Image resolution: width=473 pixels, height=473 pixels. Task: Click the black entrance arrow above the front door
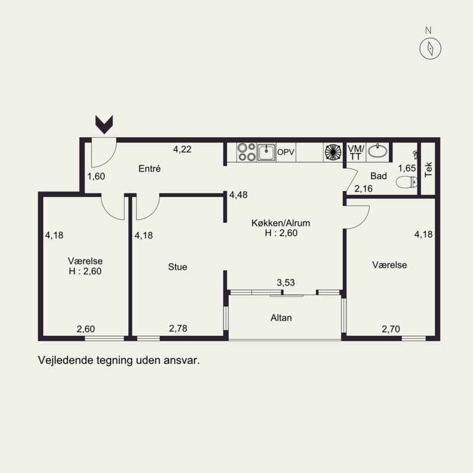point(104,124)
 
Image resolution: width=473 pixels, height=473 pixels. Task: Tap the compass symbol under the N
point(430,48)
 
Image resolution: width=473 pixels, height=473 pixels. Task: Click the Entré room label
point(150,169)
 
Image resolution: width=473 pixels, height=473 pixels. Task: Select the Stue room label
point(177,267)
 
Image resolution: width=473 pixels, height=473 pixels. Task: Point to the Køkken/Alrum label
point(280,223)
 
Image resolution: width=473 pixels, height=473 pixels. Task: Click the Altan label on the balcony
point(281,318)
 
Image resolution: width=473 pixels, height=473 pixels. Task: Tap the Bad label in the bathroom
point(378,176)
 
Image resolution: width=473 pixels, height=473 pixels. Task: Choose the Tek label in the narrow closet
point(428,170)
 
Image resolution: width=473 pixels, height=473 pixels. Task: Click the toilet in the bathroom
point(407,182)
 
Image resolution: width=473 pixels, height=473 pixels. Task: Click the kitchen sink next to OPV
point(266,153)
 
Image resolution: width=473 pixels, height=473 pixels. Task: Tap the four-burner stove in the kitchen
point(247,152)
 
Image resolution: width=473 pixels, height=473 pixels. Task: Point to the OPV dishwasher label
point(286,152)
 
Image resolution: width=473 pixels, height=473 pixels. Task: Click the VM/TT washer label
point(356,153)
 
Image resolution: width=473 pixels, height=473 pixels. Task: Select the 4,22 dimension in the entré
point(182,149)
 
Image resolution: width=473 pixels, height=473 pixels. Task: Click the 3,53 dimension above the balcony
point(286,283)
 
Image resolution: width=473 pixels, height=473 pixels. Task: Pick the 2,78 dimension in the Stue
point(178,328)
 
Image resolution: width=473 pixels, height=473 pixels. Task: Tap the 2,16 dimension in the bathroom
point(363,189)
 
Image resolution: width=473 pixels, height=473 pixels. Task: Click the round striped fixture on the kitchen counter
point(333,152)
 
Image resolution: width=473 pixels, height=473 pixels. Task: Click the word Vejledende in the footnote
point(66,360)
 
